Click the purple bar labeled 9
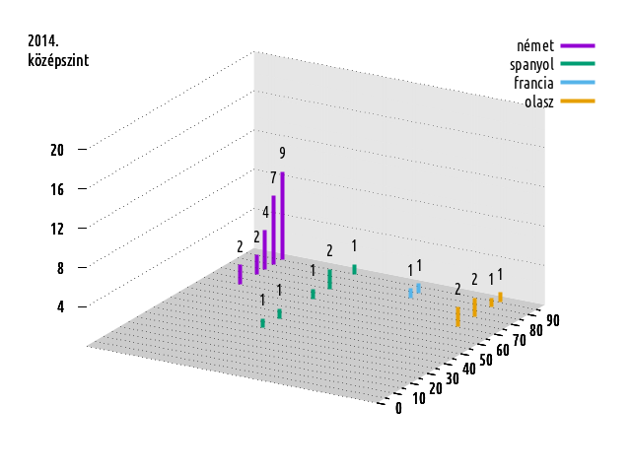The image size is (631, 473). point(282,216)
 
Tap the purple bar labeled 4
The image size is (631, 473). point(264,249)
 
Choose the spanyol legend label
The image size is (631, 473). point(531,65)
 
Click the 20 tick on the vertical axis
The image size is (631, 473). point(57,150)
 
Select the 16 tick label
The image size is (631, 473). point(57,188)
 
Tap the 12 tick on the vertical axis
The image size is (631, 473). point(57,229)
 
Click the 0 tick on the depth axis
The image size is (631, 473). point(398,409)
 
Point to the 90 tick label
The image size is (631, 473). point(552,319)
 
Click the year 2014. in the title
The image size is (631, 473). point(43,41)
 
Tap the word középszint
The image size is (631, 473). point(58,60)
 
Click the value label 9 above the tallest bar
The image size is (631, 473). point(282,153)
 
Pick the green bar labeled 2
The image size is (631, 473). point(329,279)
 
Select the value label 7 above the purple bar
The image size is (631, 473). point(273,177)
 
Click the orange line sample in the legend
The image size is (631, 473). point(578,101)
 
